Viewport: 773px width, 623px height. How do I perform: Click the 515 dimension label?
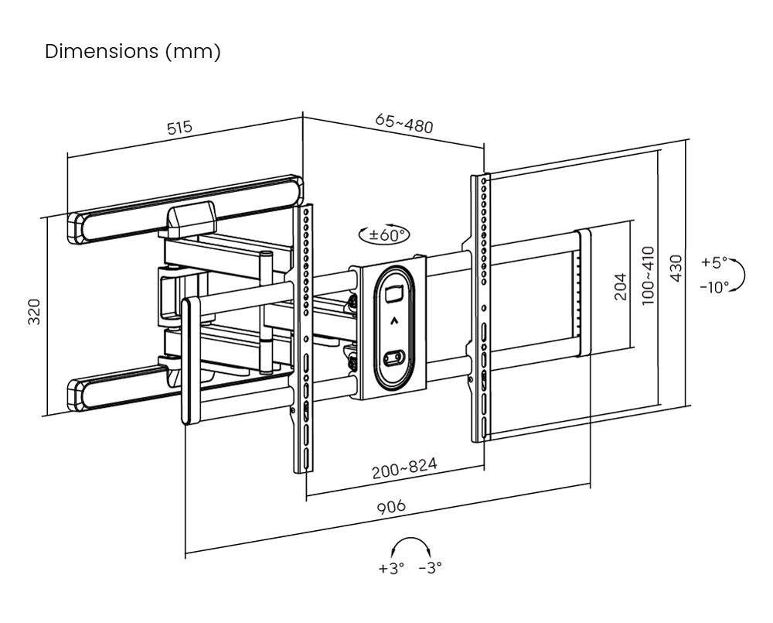coord(179,128)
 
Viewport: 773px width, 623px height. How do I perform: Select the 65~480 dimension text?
coord(404,124)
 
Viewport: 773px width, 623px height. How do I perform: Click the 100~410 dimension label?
coord(648,276)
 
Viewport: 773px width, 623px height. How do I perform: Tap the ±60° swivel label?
coord(384,234)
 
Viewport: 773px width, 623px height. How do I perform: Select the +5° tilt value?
coord(714,262)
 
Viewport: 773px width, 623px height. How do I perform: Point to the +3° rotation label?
coord(392,568)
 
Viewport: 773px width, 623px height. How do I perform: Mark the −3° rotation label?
coord(430,568)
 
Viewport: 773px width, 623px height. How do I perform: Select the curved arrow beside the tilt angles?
coord(739,275)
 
